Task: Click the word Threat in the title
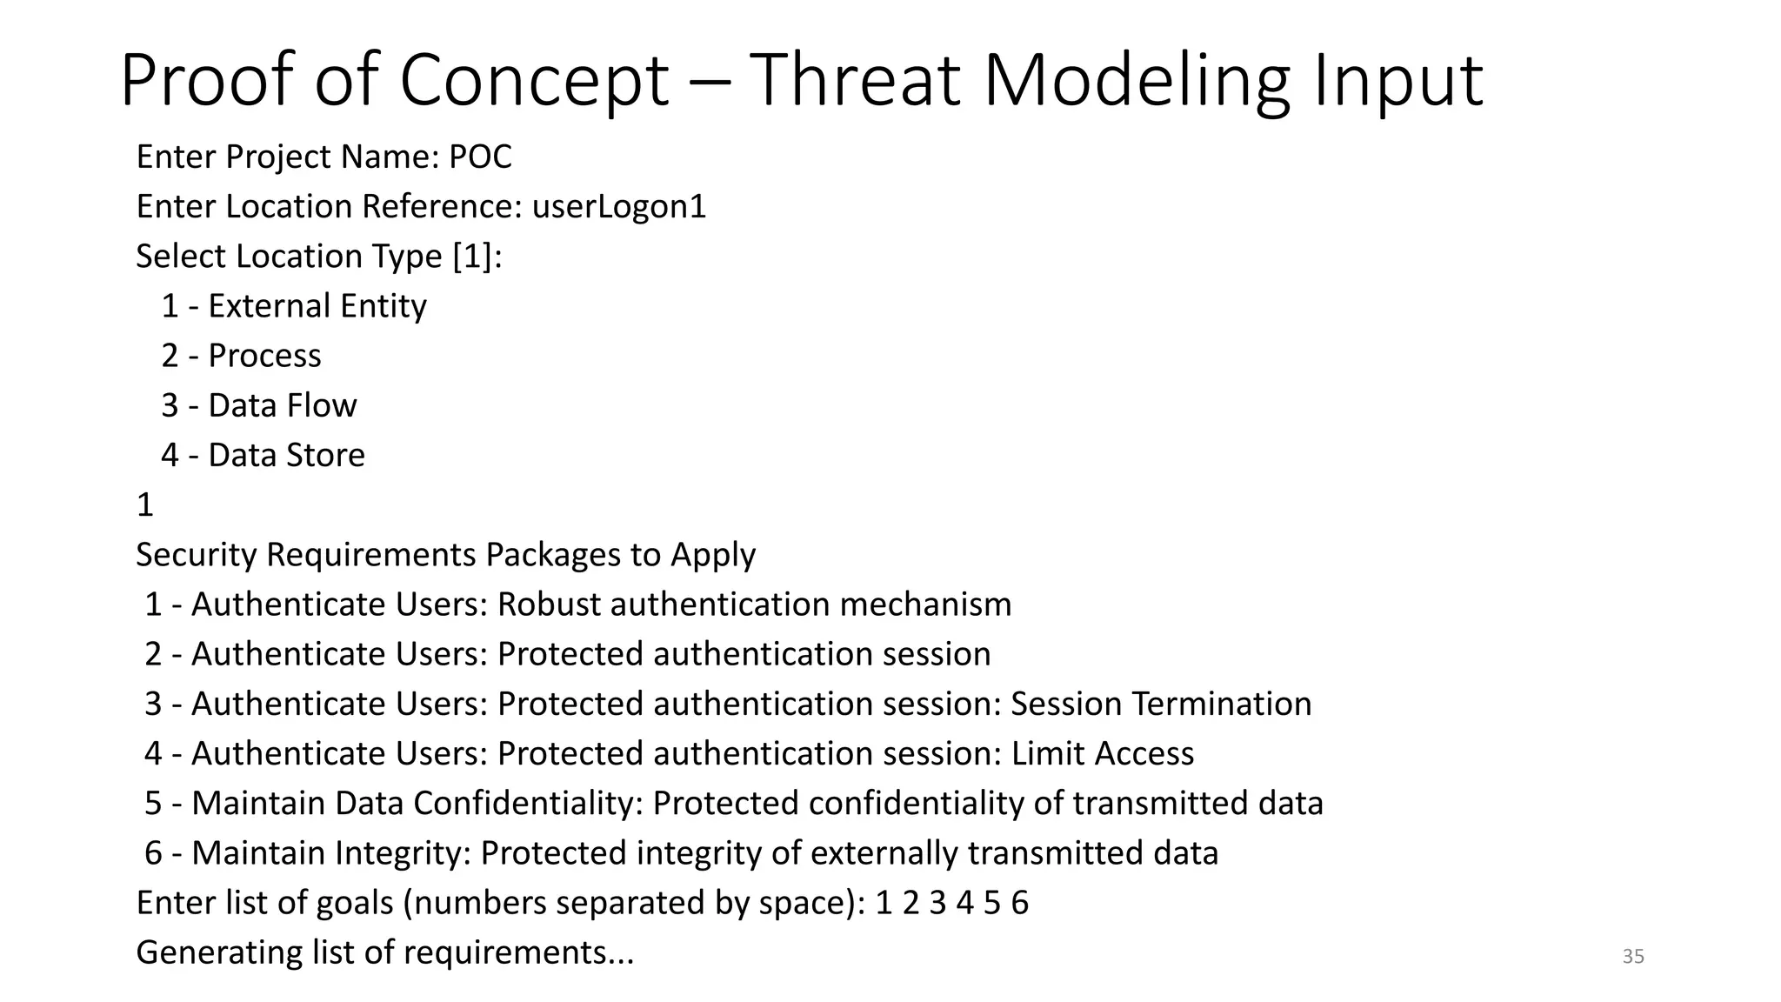tap(855, 80)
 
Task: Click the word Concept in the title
tap(534, 80)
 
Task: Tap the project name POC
tap(480, 157)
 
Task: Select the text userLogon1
tap(618, 207)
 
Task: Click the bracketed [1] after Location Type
tap(472, 257)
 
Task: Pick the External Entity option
tap(317, 306)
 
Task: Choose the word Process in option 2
tap(264, 356)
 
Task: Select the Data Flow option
tap(282, 405)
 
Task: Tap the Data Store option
tap(286, 455)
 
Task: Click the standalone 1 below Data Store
tap(145, 505)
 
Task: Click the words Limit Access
tap(1102, 753)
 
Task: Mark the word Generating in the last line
tap(219, 952)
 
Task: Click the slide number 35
tap(1632, 957)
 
